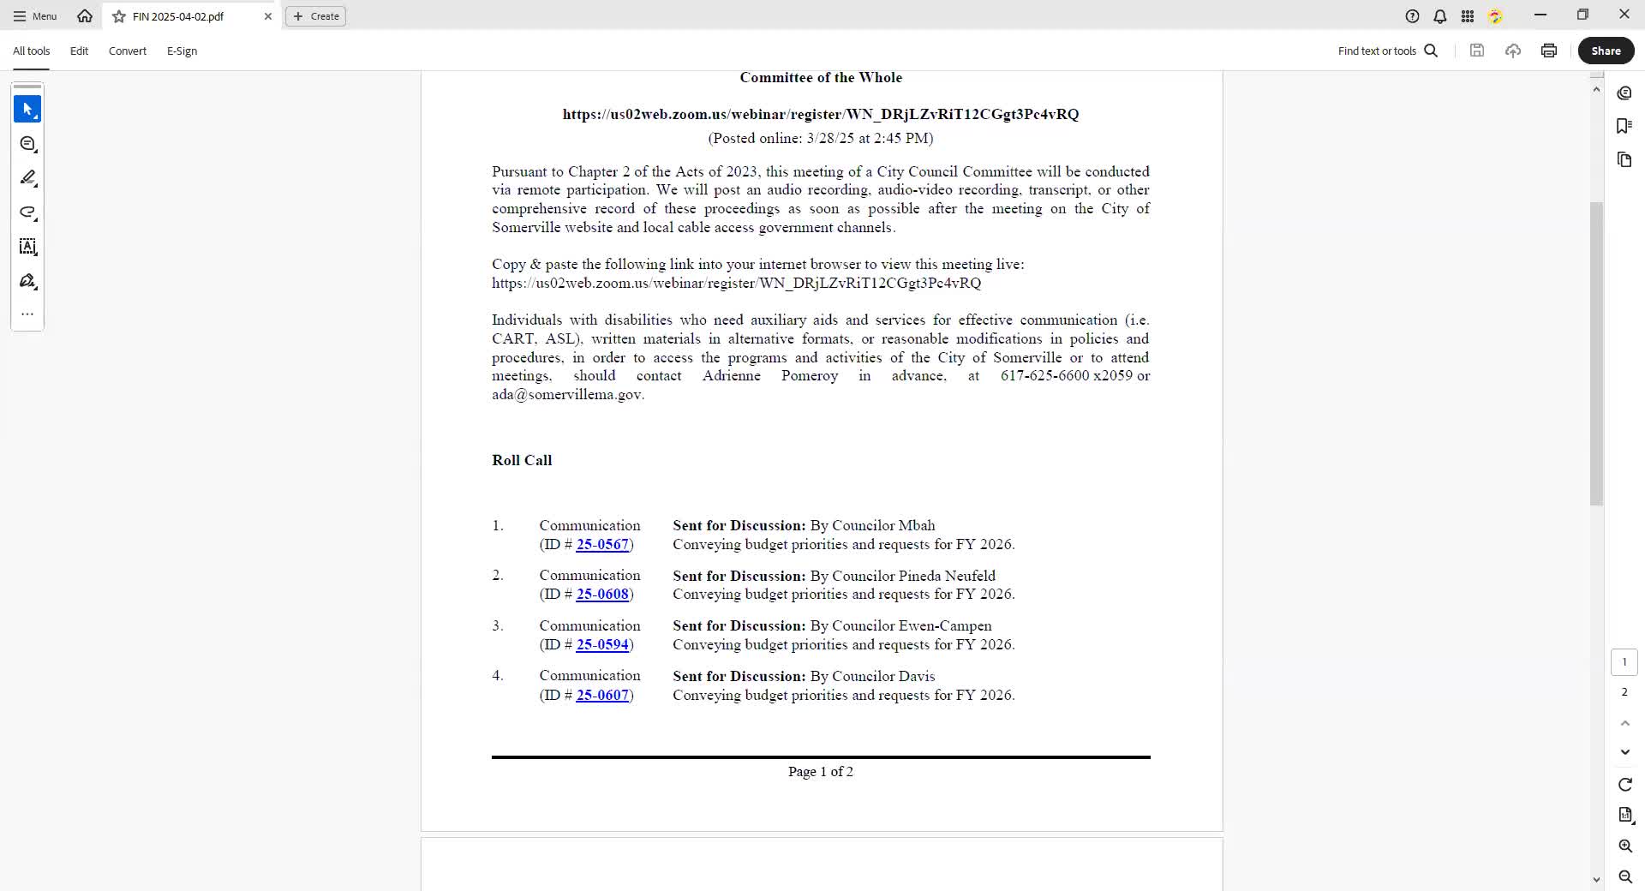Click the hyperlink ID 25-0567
coord(602,545)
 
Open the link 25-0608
coord(602,595)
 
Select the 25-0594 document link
coord(602,645)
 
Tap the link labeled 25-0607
coord(602,696)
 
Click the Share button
coord(1606,51)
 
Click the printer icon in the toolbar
coord(1548,51)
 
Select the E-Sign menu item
coord(182,51)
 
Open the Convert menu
coord(128,51)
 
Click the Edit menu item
coord(79,51)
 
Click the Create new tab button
coord(315,16)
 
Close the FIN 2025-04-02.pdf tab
coord(268,16)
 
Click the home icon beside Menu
coord(85,16)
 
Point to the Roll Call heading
coord(522,461)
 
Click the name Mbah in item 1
coord(917,526)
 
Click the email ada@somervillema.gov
coord(566,395)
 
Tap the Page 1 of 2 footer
coord(820,772)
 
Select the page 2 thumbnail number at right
coord(1624,692)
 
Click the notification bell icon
coord(1440,16)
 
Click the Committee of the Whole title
coord(820,78)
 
